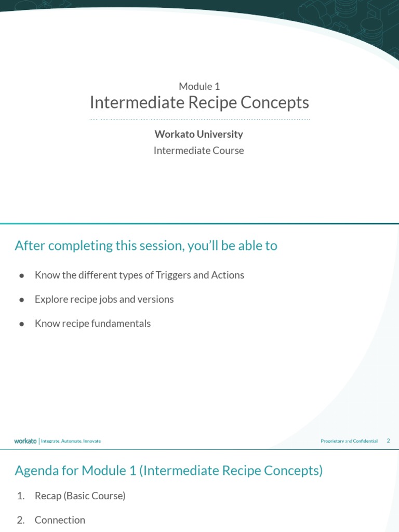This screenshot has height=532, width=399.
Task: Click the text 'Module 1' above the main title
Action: tap(199, 86)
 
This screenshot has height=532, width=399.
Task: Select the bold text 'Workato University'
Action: tap(199, 134)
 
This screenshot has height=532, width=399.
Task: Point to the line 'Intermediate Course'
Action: tap(199, 151)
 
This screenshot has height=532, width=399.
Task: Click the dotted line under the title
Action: tap(199, 119)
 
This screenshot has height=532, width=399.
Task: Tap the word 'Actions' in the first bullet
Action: tap(228, 275)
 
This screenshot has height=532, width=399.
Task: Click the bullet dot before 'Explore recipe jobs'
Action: tap(22, 300)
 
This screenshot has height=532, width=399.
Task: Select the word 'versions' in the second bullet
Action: tap(155, 300)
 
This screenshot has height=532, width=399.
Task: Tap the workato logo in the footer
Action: tap(25, 441)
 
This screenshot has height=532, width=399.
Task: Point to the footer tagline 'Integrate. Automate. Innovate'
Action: tap(71, 441)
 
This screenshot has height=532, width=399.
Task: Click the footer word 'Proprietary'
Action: tap(332, 441)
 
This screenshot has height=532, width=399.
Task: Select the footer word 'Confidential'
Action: tap(365, 441)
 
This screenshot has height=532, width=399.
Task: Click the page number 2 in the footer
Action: tap(388, 441)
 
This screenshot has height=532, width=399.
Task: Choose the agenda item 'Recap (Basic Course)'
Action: tap(80, 496)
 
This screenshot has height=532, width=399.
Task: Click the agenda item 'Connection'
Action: tap(60, 520)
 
